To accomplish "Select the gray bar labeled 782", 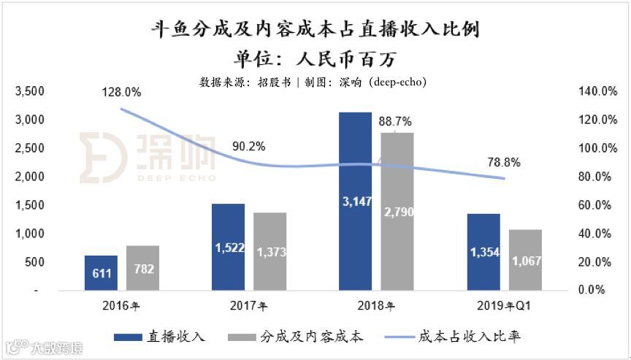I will tap(142, 268).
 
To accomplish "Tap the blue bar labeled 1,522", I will tap(228, 247).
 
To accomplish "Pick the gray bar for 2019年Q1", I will tap(527, 260).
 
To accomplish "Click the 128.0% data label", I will tap(122, 92).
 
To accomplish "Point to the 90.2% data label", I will tap(248, 146).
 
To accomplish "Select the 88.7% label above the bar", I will tap(395, 121).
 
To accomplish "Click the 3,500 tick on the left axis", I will tap(30, 91).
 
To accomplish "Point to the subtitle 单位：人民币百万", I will tap(315, 58).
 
